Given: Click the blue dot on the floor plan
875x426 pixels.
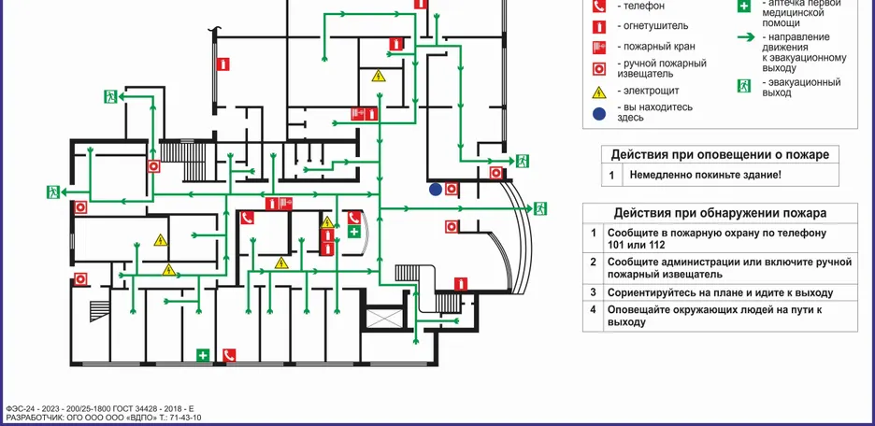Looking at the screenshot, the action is click(436, 189).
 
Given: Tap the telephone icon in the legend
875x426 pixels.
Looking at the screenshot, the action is click(598, 6).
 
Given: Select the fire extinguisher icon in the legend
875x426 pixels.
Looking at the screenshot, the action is click(598, 26).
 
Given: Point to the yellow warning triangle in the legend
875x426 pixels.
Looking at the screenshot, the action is click(598, 92).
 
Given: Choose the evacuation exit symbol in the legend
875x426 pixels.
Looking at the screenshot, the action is click(744, 86).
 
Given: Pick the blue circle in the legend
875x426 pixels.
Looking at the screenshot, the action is click(598, 113).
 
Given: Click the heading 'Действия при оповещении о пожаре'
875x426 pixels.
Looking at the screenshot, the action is click(719, 154).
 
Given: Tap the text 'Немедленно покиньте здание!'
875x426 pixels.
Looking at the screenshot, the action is click(705, 175).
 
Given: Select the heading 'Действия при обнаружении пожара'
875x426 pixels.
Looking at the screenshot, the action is click(720, 213).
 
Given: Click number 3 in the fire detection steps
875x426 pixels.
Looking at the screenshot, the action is click(593, 292).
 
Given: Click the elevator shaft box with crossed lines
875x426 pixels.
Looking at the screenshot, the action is click(383, 318).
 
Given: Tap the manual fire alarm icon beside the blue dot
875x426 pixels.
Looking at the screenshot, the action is click(452, 189).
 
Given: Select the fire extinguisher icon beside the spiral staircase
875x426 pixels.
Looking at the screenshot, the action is click(460, 284).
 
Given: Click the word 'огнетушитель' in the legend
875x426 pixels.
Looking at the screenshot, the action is click(653, 26).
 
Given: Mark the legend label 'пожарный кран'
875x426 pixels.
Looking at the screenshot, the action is click(656, 47).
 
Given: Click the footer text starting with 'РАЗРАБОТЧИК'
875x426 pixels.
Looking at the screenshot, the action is click(103, 418).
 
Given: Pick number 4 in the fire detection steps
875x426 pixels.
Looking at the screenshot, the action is click(593, 310).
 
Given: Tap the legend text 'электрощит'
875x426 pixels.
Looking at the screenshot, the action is click(648, 92).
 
